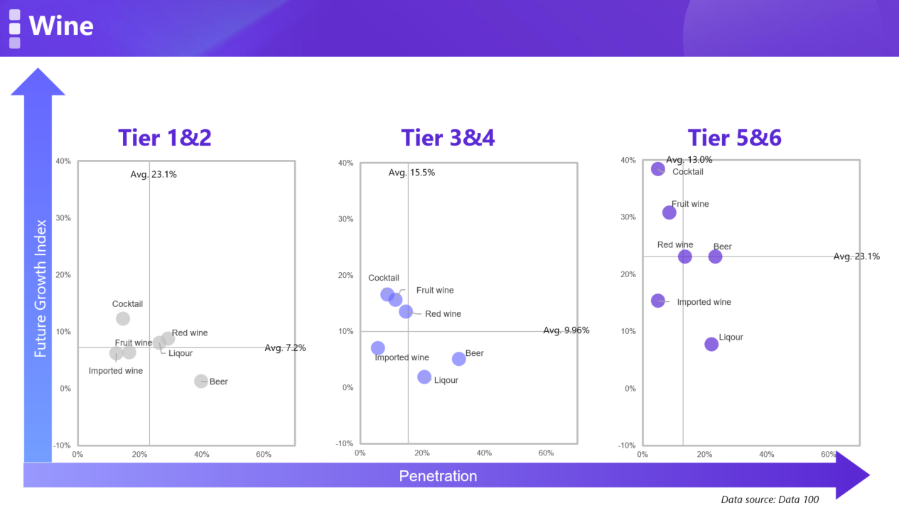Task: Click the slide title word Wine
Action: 61,26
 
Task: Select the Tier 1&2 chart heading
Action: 165,137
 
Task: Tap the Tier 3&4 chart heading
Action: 448,137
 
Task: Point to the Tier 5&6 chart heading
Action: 734,137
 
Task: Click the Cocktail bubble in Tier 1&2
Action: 123,319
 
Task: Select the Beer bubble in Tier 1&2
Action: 201,382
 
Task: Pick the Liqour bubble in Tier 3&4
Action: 424,377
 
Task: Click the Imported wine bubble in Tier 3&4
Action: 378,348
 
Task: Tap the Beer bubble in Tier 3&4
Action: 459,360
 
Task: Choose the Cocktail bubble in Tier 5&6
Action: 658,169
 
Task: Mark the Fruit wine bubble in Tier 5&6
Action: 669,212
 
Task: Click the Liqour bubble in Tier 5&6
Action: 711,344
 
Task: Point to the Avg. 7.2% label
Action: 285,348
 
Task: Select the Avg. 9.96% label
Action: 566,330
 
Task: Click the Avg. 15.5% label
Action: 411,173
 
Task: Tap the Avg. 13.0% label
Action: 689,160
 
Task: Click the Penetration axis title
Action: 438,476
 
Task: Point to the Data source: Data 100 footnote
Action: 770,499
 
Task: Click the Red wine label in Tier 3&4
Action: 443,314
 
